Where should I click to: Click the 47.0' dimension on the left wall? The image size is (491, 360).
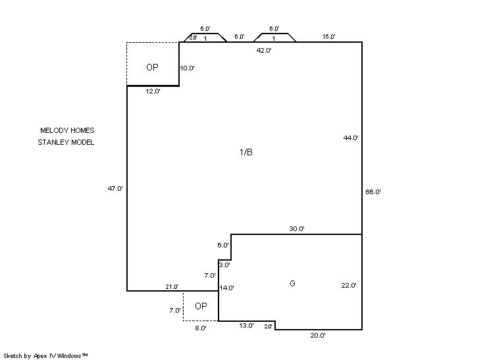[115, 188]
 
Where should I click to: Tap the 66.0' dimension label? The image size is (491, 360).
[373, 192]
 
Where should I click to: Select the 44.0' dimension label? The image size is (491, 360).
[351, 138]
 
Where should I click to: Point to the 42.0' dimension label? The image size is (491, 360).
[264, 50]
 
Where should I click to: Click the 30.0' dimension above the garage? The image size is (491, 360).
[297, 228]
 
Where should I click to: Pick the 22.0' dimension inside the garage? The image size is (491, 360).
[349, 285]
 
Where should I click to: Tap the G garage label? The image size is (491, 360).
[292, 283]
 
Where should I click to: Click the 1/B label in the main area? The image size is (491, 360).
[246, 152]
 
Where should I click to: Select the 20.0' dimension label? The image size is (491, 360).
[318, 335]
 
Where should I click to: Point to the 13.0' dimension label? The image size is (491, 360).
[246, 326]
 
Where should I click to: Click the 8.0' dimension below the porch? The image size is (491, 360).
[201, 328]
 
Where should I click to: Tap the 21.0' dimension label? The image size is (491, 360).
[172, 286]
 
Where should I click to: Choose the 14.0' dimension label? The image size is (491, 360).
[226, 288]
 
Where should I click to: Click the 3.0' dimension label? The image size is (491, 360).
[224, 265]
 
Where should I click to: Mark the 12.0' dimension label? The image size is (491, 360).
[153, 91]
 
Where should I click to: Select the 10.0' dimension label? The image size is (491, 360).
[188, 68]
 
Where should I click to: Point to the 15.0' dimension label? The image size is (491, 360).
[329, 37]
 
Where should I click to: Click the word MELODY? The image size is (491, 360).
[53, 130]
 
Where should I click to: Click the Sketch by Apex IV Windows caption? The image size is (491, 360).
[45, 355]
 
